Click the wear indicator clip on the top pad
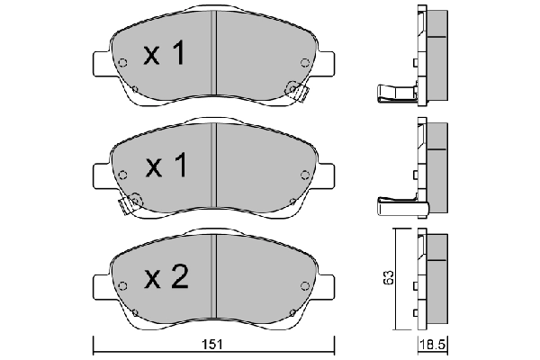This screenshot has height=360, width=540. tap(292, 89)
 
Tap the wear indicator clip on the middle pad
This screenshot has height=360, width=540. tap(132, 202)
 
